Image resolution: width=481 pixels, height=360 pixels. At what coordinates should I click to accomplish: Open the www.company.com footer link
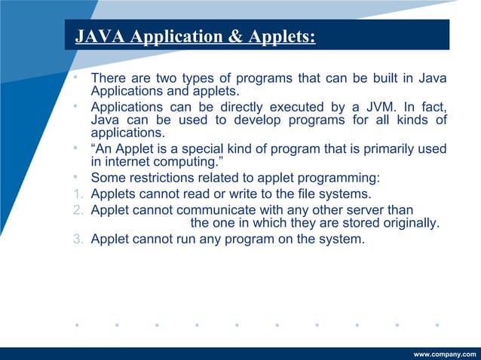tap(445, 353)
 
